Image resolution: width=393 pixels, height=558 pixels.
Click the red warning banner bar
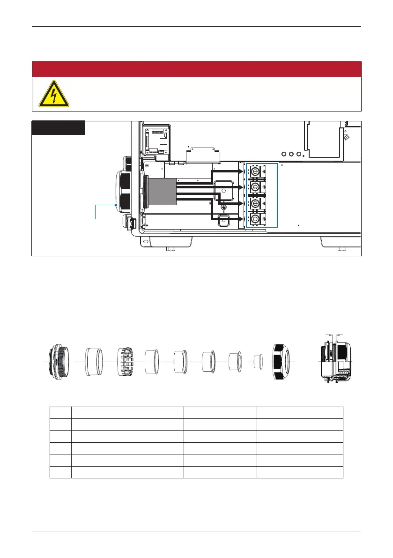tap(196, 69)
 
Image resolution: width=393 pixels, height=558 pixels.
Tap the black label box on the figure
tap(58, 128)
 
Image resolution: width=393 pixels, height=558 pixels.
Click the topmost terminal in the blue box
tap(255, 172)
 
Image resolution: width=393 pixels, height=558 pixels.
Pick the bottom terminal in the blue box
tap(255, 219)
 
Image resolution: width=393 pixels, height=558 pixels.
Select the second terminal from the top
tap(255, 187)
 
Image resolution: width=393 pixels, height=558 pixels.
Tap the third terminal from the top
tap(255, 203)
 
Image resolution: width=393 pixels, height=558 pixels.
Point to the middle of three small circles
tap(291, 153)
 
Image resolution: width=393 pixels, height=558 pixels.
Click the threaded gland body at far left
tap(60, 362)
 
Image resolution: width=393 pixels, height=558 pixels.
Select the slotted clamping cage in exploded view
tap(126, 362)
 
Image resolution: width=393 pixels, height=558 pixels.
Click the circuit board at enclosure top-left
tap(156, 139)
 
